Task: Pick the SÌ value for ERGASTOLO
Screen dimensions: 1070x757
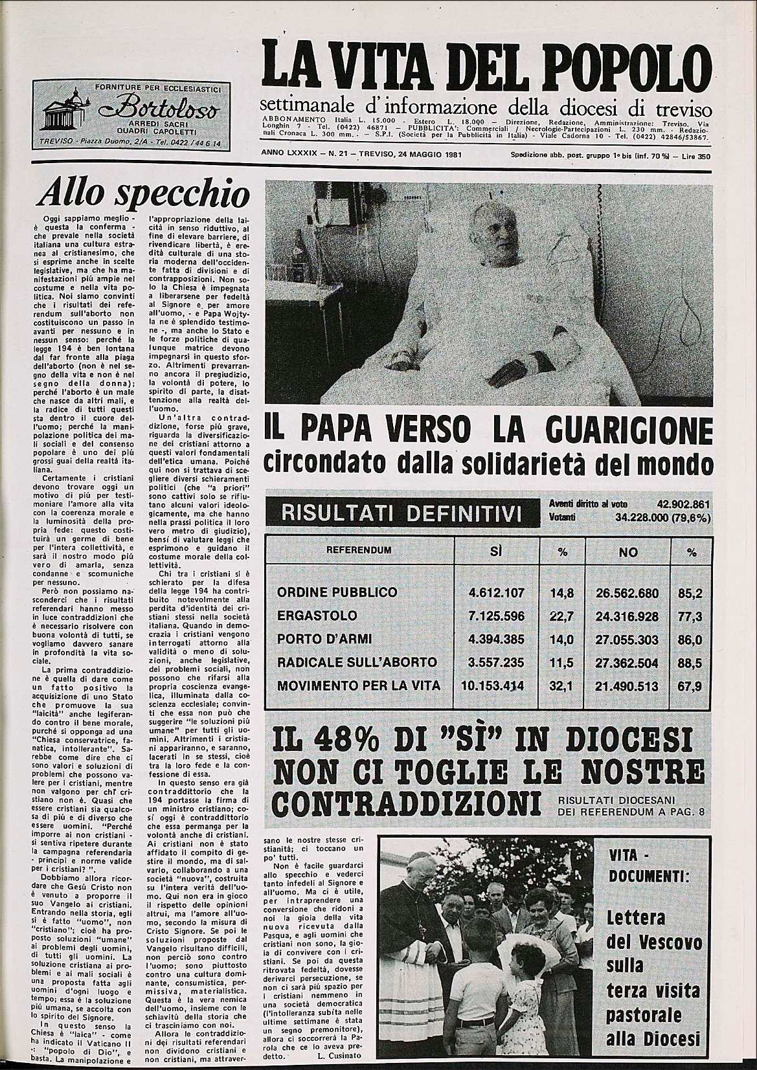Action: [495, 616]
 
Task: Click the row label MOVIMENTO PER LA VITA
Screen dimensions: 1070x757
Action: [358, 685]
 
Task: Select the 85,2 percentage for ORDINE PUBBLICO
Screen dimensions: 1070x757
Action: [691, 592]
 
